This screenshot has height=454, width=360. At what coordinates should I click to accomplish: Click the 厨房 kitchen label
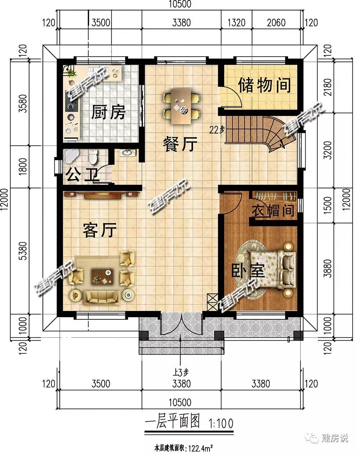tap(108, 112)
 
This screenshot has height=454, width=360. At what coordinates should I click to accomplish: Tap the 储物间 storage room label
tap(265, 85)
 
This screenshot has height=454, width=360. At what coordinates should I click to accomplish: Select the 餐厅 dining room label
tap(180, 144)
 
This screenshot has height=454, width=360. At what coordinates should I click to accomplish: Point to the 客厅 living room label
tap(100, 230)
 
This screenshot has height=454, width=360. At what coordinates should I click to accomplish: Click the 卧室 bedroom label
tap(248, 270)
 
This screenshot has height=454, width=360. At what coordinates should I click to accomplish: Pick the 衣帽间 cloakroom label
tap(273, 210)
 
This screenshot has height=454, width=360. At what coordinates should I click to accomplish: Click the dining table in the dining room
tap(181, 107)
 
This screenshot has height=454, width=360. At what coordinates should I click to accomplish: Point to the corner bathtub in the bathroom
tap(71, 156)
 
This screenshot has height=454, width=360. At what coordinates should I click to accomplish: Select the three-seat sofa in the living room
tap(102, 298)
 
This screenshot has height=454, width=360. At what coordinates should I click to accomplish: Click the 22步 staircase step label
tap(217, 130)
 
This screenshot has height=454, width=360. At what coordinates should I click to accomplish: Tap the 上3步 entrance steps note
tap(181, 372)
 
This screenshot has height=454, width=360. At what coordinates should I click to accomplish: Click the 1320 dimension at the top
tap(237, 23)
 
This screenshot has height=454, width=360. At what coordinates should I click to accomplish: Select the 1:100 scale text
tap(221, 423)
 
